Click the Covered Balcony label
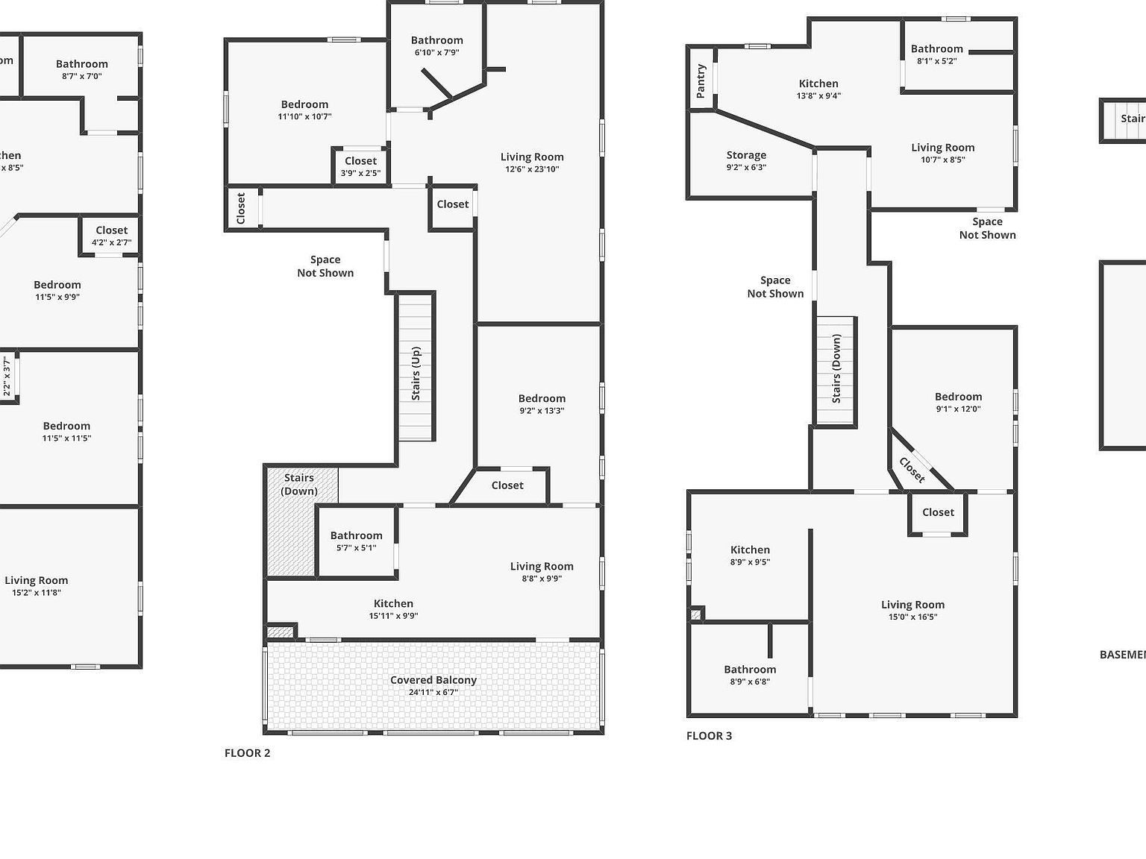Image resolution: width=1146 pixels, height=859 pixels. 433,680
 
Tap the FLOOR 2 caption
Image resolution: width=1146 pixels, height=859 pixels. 247,753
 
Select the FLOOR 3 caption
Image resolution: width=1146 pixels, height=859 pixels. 709,736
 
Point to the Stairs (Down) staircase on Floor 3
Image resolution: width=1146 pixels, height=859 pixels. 836,370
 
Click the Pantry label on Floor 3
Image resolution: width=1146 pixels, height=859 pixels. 701,81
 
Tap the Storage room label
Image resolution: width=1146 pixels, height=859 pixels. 746,155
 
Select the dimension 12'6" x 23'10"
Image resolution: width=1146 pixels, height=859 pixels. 532,169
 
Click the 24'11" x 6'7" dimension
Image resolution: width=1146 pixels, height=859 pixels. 433,693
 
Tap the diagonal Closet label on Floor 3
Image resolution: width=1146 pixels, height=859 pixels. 912,470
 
